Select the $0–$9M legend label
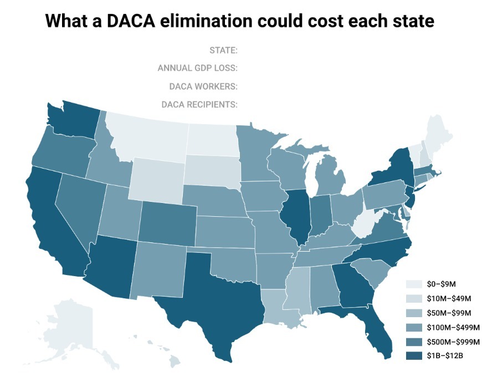point(442,283)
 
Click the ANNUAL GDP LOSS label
point(198,68)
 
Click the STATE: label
point(223,50)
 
